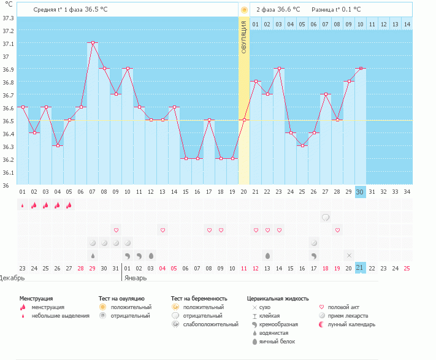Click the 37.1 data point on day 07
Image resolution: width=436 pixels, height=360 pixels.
coord(93,43)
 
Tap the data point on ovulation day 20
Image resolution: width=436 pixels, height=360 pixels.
coord(244,120)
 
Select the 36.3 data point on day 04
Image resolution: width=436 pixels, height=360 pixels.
coord(58,145)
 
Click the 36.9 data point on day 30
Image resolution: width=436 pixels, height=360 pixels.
coord(361,69)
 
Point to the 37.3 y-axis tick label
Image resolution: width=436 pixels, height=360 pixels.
coord(8,18)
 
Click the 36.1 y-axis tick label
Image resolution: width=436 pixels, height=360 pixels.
coord(8,172)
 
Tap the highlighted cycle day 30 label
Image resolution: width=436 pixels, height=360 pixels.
coord(361,191)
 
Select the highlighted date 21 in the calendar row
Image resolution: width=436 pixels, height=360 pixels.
coord(361,268)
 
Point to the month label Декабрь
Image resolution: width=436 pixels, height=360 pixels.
coord(12,277)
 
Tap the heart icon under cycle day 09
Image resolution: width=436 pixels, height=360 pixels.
coord(116,230)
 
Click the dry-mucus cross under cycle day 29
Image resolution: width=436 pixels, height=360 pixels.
coord(349,255)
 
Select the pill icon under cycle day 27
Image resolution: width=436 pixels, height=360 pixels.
coord(326,217)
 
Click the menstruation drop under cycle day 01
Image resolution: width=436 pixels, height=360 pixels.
coord(23,205)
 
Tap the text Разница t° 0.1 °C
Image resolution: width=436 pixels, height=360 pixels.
coord(336,10)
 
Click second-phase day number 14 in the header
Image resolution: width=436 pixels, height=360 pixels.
coord(407,24)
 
